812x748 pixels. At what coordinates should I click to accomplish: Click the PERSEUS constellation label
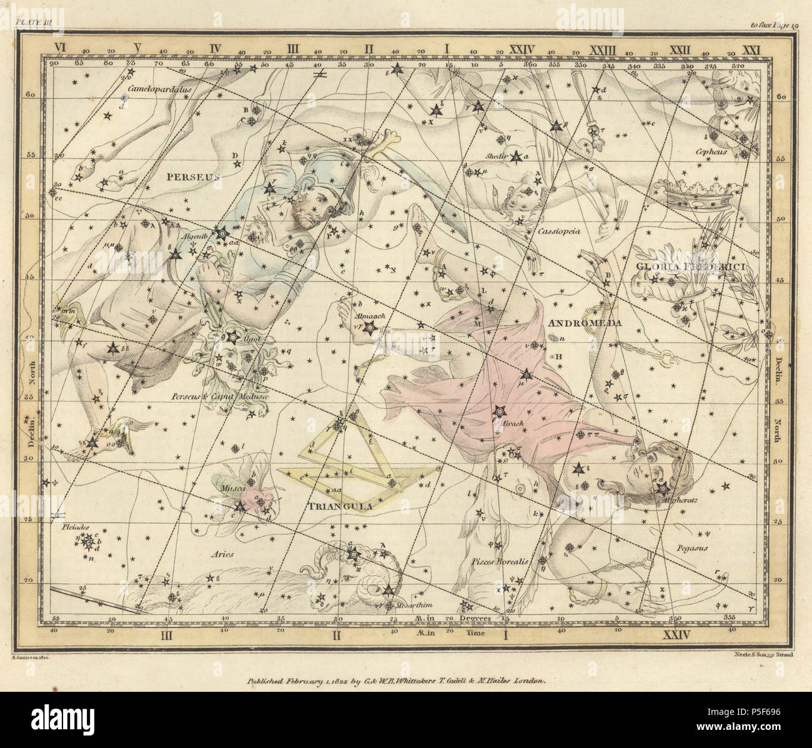point(193,177)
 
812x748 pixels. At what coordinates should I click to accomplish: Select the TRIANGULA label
point(331,507)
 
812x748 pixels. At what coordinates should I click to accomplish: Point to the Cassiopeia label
point(558,230)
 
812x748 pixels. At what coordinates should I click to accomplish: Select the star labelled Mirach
point(499,411)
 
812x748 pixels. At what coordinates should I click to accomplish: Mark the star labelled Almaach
point(370,327)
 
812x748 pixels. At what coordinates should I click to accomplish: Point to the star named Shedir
point(516,157)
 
